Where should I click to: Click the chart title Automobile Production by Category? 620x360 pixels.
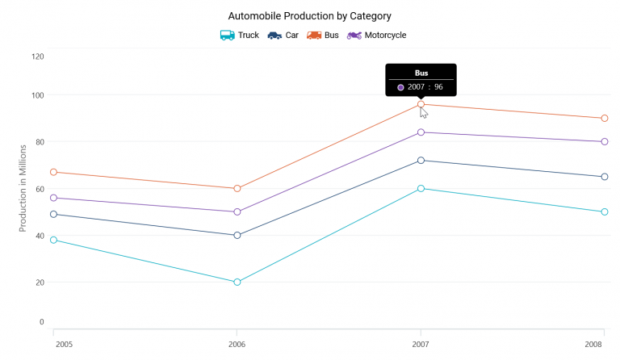point(309,16)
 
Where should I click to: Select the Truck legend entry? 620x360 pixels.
point(240,36)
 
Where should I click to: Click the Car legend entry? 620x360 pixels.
point(283,36)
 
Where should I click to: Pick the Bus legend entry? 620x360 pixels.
point(323,36)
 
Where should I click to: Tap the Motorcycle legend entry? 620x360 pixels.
point(377,36)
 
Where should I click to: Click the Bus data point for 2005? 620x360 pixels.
point(53,172)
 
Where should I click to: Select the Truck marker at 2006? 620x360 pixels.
point(237,282)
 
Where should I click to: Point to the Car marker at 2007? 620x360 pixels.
point(421,161)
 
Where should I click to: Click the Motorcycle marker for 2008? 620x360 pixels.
point(604,141)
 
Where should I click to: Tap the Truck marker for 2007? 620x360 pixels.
point(421,188)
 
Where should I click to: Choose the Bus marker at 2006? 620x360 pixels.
point(237,188)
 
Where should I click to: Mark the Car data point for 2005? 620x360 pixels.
point(53,214)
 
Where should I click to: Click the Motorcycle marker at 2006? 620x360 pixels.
point(237,211)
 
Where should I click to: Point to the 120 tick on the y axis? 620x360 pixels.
point(38,57)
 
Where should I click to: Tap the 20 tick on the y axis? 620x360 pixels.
point(38,283)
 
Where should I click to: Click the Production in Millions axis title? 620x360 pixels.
point(24,187)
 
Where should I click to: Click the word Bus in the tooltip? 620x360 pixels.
point(421,73)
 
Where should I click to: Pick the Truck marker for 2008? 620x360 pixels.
point(604,211)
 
